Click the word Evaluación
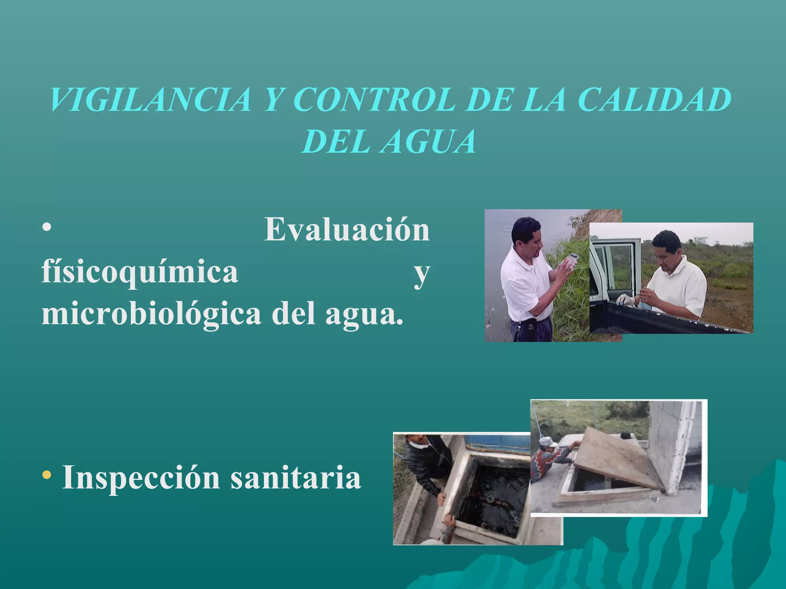point(347,230)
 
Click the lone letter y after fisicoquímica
point(421,274)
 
